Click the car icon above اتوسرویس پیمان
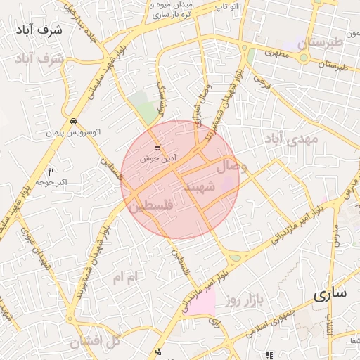click(x=73, y=120)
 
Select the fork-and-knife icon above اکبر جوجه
click(x=51, y=172)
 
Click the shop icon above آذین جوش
click(x=157, y=148)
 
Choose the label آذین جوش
click(x=158, y=159)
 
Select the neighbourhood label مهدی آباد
click(x=291, y=140)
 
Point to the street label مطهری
click(x=278, y=53)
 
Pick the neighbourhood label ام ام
click(x=127, y=278)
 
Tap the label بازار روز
click(x=244, y=301)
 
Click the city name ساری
click(x=330, y=295)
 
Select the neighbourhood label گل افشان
click(x=96, y=342)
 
